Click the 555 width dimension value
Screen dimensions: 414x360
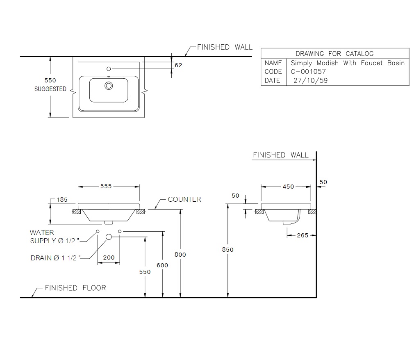click(x=106, y=186)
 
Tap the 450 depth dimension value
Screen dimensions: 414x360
click(x=288, y=187)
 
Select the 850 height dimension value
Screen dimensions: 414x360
click(x=227, y=250)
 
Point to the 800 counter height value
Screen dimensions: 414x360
click(x=180, y=254)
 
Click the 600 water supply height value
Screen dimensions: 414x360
click(x=162, y=265)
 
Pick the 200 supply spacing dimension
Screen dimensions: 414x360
click(x=109, y=257)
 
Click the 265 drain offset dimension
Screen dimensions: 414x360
click(x=303, y=235)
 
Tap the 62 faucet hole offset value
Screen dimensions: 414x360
click(x=178, y=65)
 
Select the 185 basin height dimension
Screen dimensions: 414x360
click(x=62, y=200)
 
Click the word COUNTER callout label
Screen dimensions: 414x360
click(x=184, y=199)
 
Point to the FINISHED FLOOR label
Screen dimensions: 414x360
click(x=75, y=287)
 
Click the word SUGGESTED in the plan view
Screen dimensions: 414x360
click(x=50, y=89)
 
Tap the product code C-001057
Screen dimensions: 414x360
click(x=308, y=71)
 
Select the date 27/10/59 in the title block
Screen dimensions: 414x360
click(x=311, y=80)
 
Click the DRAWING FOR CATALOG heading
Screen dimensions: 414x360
click(x=334, y=54)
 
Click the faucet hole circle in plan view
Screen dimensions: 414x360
click(x=109, y=69)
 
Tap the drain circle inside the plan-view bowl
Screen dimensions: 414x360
click(x=109, y=86)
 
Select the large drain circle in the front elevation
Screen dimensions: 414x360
click(x=109, y=237)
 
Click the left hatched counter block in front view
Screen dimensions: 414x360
click(x=77, y=212)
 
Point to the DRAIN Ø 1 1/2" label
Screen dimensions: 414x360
click(x=55, y=258)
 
